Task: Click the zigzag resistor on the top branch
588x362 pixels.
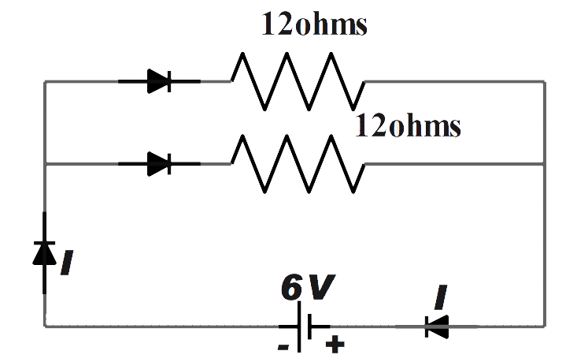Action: click(297, 80)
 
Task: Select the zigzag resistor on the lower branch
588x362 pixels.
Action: click(297, 163)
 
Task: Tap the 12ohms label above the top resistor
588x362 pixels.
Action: click(315, 26)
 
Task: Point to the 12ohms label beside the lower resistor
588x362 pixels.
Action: click(407, 125)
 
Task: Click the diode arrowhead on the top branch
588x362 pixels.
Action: click(160, 80)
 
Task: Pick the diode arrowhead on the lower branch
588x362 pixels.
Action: click(160, 163)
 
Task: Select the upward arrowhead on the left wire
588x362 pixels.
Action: click(44, 252)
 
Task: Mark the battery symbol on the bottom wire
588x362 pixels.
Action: click(303, 325)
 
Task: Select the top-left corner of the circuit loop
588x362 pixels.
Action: click(45, 81)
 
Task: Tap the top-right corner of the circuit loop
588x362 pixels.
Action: click(544, 81)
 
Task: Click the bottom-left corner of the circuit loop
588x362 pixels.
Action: click(45, 325)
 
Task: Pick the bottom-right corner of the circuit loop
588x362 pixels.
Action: click(544, 325)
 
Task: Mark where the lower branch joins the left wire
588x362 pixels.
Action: click(45, 164)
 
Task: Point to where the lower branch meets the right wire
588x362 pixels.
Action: click(544, 164)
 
